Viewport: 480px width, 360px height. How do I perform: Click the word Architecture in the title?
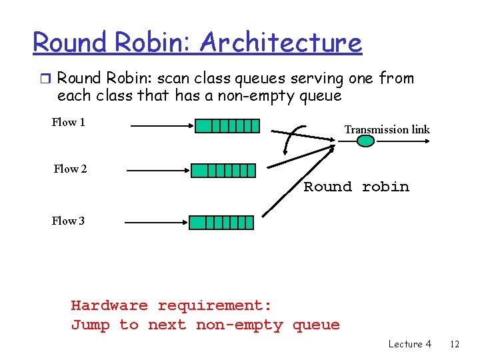280,43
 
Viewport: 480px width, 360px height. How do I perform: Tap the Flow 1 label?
69,122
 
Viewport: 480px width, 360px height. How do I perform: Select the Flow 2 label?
70,169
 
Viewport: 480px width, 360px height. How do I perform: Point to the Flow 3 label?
68,221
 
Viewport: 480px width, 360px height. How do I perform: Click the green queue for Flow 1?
227,126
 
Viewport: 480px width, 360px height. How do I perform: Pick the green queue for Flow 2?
223,170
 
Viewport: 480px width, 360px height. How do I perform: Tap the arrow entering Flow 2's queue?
157,171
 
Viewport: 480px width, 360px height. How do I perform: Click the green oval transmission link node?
366,141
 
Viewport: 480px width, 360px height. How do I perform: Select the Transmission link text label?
387,129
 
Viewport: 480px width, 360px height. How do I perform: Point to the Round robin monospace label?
356,187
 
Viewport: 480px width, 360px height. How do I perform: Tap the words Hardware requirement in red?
171,306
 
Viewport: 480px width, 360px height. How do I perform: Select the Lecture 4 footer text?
409,344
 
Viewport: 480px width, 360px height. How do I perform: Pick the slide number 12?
455,344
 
